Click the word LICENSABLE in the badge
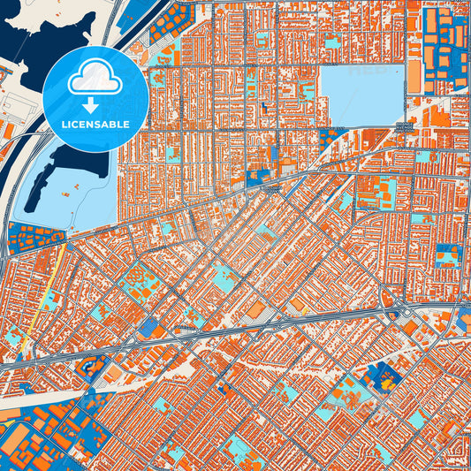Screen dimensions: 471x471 point(95,125)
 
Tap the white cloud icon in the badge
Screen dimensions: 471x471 point(95,80)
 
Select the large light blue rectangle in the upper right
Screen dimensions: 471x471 point(361,95)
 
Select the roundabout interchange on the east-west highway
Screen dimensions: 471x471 point(402,313)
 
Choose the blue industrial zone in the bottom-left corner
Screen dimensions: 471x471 point(44,442)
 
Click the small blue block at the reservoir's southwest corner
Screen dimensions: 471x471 point(328,137)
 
